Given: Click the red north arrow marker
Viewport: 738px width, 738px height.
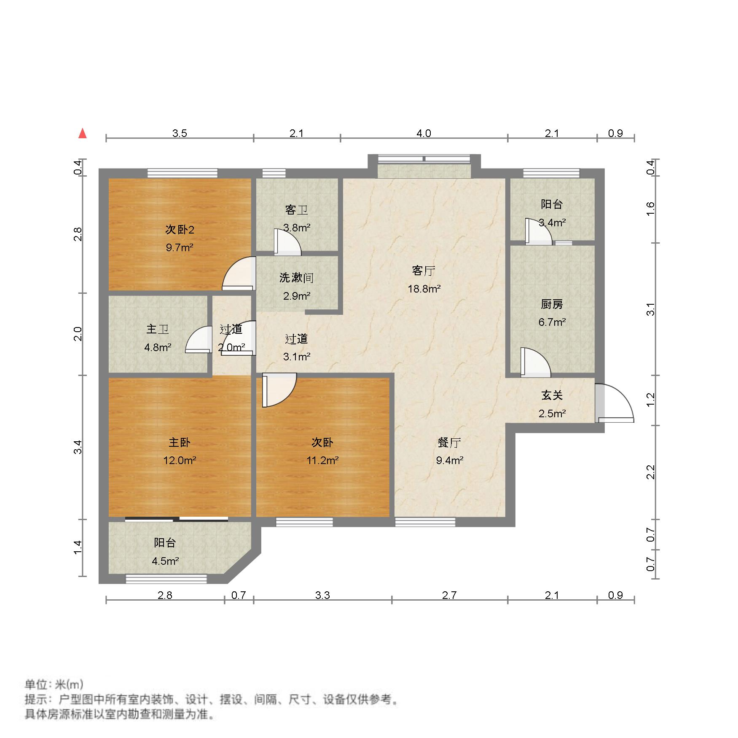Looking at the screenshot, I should click(x=83, y=134).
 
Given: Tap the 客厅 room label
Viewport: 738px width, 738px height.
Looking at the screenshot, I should click(x=424, y=271).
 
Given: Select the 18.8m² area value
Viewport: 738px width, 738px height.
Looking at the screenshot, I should click(x=424, y=289).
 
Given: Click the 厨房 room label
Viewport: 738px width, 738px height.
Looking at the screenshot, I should click(x=552, y=304).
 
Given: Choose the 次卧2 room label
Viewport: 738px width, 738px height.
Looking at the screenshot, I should click(x=180, y=230).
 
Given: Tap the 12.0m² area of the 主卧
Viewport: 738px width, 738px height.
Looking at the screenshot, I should click(x=180, y=460).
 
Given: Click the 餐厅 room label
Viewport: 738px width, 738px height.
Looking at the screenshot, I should click(x=449, y=443).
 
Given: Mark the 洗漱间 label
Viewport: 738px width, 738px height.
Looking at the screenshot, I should click(x=296, y=278).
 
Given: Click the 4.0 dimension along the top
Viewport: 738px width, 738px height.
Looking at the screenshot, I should click(x=424, y=133).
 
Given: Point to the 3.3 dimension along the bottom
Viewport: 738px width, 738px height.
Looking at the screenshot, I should click(x=322, y=595).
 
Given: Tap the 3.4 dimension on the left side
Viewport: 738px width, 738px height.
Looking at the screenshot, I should click(x=78, y=447).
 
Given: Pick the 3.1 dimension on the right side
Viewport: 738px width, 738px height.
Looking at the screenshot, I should click(x=651, y=309).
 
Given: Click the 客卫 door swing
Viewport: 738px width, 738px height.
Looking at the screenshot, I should click(x=287, y=242).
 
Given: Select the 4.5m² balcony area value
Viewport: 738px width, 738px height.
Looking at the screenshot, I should click(x=165, y=561).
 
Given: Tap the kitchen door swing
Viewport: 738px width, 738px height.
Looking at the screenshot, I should click(x=535, y=362).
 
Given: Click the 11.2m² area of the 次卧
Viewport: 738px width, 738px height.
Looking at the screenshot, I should click(x=322, y=460).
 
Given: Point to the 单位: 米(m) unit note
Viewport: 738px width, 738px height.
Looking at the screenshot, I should click(x=54, y=684).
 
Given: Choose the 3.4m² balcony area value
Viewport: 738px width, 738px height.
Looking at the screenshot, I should click(x=552, y=222).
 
